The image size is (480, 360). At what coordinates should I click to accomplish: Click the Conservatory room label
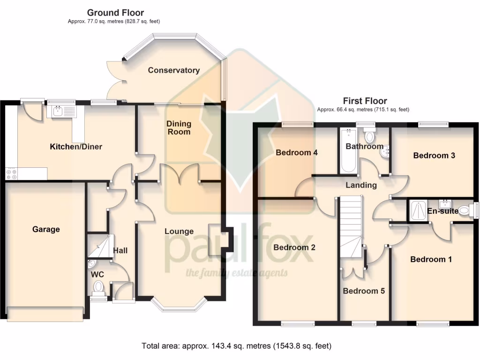click(x=173, y=70)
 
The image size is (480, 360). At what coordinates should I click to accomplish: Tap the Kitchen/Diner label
click(x=76, y=147)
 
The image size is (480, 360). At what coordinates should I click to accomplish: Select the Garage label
click(x=46, y=229)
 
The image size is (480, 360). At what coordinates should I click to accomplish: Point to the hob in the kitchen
click(x=11, y=174)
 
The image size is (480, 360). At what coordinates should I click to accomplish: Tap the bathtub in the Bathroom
click(x=347, y=150)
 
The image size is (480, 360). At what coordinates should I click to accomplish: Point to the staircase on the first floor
click(x=351, y=225)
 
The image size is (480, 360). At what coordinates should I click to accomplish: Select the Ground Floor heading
click(x=115, y=13)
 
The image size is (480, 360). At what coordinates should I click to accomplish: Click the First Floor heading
click(x=365, y=101)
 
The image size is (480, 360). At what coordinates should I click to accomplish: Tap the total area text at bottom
click(x=236, y=346)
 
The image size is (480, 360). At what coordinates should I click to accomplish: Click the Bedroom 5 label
click(x=364, y=291)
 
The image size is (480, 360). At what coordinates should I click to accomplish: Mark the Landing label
click(x=361, y=185)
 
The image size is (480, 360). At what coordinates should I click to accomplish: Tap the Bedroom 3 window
click(x=433, y=124)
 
